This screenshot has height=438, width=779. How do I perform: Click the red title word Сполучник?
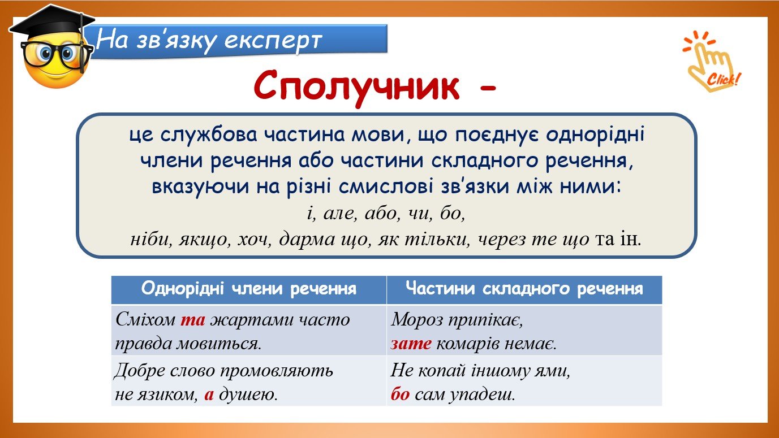356,87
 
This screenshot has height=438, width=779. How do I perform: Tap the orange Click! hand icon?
711,62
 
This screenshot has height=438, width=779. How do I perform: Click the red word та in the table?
193,319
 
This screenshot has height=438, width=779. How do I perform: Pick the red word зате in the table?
411,344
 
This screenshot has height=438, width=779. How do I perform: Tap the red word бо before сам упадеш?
400,394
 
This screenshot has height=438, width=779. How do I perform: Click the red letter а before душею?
209,395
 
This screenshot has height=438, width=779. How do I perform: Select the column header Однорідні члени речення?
249,289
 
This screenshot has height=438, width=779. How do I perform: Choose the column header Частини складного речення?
524,289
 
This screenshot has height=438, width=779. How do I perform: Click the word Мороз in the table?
416,319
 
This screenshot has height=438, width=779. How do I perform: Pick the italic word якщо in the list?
204,240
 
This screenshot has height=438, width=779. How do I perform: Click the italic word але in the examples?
340,214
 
